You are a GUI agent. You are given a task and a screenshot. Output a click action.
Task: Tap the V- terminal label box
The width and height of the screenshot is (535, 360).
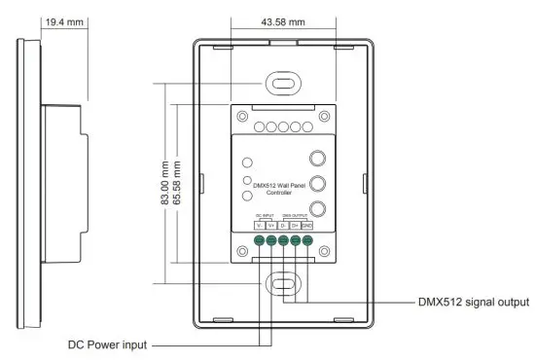coord(260,226)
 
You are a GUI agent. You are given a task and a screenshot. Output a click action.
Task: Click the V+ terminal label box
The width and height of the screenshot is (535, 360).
coord(271,226)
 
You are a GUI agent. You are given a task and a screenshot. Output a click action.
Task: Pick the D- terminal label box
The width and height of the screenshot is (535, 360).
coord(283,226)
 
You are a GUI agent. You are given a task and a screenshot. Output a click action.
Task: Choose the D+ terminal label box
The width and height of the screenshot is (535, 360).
coord(295,226)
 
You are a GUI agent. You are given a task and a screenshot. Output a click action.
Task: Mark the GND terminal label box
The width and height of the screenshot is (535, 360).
coord(306,226)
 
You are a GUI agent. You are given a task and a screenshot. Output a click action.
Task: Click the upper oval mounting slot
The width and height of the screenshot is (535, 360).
coord(283,85)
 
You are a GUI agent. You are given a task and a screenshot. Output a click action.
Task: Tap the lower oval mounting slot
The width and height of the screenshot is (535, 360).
coord(283,284)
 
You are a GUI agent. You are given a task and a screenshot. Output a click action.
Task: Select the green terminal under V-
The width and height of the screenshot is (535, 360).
coord(260,242)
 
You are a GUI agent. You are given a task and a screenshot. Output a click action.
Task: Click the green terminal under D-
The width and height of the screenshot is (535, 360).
coord(283,242)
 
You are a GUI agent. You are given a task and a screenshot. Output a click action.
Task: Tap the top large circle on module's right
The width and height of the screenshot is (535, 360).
coord(317,160)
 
